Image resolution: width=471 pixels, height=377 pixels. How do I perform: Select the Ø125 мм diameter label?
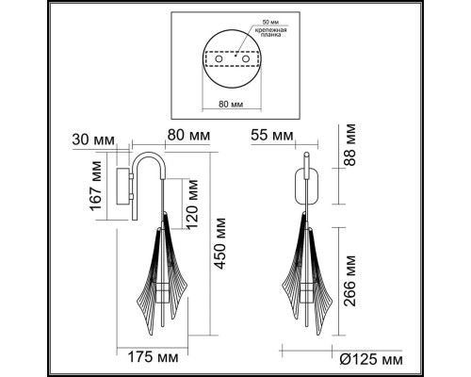click(x=373, y=359)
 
